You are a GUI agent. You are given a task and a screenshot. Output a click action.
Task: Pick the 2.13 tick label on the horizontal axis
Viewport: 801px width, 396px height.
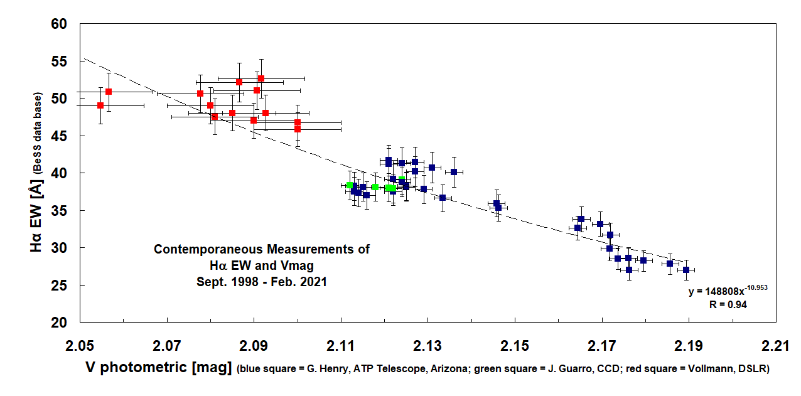[x=427, y=346]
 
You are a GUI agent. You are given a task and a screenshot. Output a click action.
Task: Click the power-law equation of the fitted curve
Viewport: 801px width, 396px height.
[x=728, y=291]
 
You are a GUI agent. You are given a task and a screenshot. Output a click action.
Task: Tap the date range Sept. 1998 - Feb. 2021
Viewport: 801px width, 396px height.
[x=262, y=282]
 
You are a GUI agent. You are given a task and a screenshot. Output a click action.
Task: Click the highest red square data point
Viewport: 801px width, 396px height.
[x=261, y=78]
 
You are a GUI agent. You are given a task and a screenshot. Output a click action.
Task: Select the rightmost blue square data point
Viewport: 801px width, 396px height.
[x=686, y=270]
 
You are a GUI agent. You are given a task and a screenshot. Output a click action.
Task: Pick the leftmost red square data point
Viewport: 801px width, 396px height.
[x=100, y=105]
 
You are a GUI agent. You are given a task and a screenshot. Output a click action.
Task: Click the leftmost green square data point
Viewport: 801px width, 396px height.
[x=349, y=185]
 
